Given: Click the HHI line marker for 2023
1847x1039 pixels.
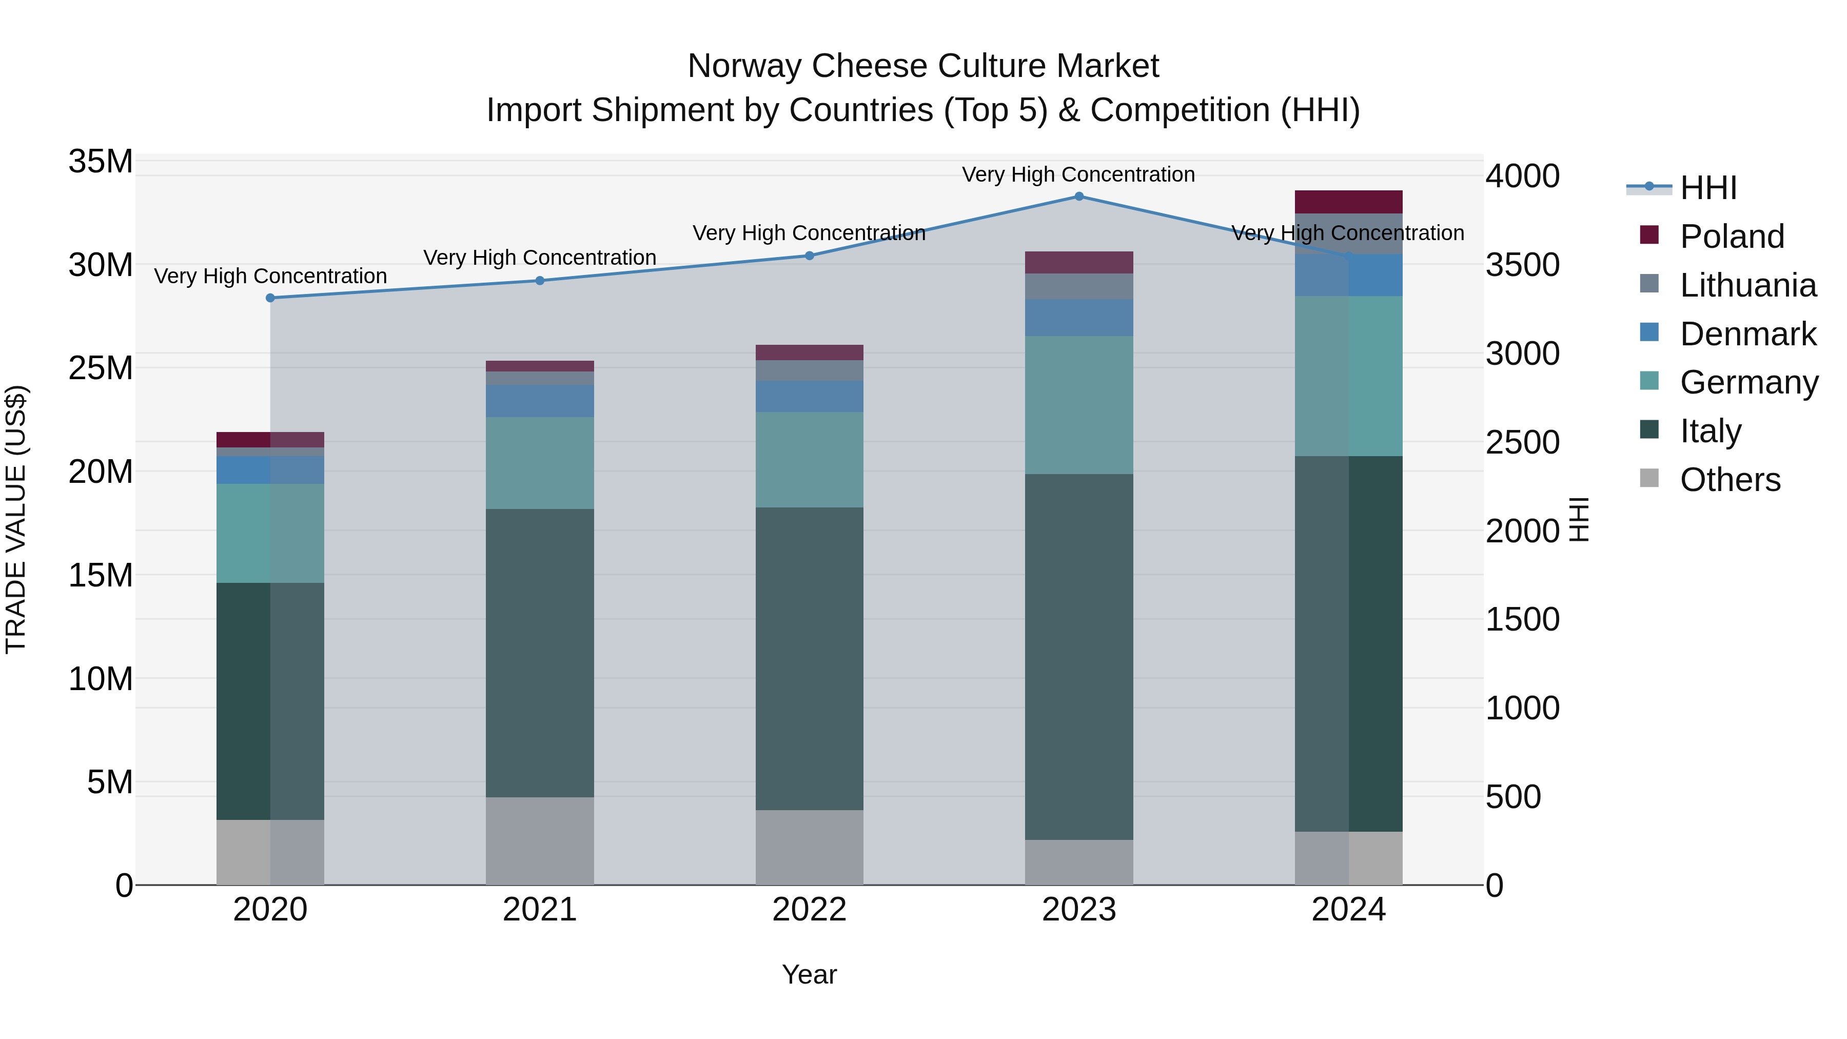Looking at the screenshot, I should coord(1078,197).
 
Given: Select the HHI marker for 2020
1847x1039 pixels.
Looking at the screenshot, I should coord(270,298).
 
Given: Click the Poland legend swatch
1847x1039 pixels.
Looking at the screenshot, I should coord(1649,235).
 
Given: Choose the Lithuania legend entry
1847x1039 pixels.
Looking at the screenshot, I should coord(1747,285).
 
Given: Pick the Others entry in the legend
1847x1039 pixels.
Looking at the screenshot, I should coord(1730,480).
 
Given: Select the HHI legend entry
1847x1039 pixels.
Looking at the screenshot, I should coord(1708,188).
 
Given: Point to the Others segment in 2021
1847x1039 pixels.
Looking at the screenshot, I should coord(540,840).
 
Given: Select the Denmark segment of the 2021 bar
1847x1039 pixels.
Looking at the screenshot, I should coord(540,401).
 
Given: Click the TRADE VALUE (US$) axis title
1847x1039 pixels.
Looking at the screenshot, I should coord(16,519).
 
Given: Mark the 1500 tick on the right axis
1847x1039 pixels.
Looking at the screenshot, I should coord(1522,619).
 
